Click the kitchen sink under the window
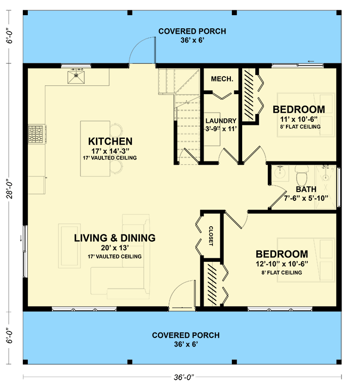point(76,77)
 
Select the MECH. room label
point(222,79)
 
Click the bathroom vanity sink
point(280,172)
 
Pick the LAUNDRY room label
point(221,120)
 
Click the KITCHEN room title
point(110,141)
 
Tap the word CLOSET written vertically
point(210,236)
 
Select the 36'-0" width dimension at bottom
point(184,377)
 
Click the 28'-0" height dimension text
point(10,188)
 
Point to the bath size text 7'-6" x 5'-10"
point(306,198)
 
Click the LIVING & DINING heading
point(114,238)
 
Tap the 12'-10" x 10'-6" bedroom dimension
point(282,264)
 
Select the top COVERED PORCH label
point(192,31)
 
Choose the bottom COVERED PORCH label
point(186,335)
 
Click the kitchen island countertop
point(95,149)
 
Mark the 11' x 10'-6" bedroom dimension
point(299,119)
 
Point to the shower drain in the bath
point(326,177)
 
